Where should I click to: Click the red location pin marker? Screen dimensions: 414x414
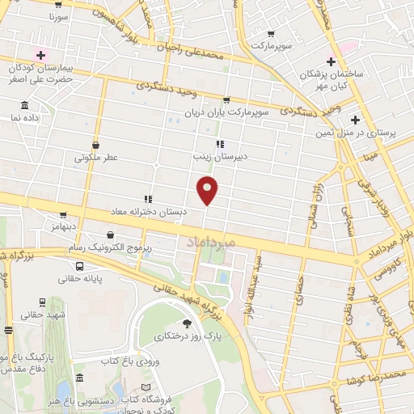pos(208,189)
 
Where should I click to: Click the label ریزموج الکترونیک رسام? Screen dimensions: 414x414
pos(112,246)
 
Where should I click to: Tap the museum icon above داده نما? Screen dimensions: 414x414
pos(24,106)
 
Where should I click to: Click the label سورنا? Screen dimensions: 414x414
pos(59,16)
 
